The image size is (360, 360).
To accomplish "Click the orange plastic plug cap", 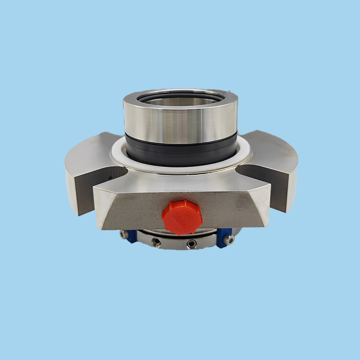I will [182, 217].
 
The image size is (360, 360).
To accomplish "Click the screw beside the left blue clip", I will [122, 234].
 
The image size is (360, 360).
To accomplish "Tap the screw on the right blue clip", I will [230, 240].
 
